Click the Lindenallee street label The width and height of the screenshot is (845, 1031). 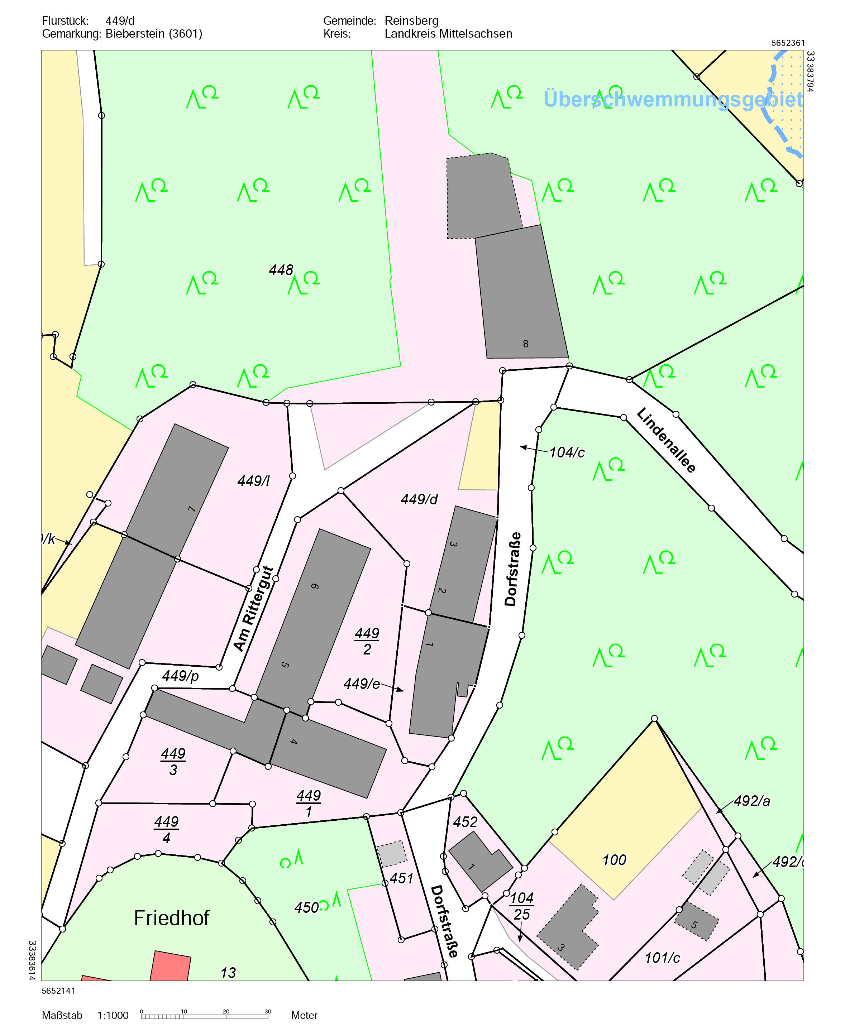tap(666, 440)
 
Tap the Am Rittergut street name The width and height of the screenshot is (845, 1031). tap(254, 608)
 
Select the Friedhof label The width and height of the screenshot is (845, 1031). tap(171, 918)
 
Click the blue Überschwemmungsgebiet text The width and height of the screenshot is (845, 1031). tap(673, 99)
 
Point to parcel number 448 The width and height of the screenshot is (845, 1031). tap(281, 270)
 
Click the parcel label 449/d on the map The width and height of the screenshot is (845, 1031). tap(419, 499)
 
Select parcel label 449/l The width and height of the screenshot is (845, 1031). tap(253, 481)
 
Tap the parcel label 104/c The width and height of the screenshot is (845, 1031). tap(567, 452)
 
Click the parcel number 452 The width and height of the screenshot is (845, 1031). tap(465, 822)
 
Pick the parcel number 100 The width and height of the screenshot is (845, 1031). tap(614, 860)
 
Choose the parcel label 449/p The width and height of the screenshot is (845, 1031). tap(181, 676)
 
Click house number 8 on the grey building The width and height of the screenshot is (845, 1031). tap(526, 344)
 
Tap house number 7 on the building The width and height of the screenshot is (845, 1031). tap(192, 509)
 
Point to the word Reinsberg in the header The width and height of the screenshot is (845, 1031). tap(411, 21)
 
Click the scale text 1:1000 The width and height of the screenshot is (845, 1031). tap(113, 1016)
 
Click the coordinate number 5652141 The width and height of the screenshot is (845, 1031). tap(58, 991)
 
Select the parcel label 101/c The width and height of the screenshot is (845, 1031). tap(662, 958)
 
